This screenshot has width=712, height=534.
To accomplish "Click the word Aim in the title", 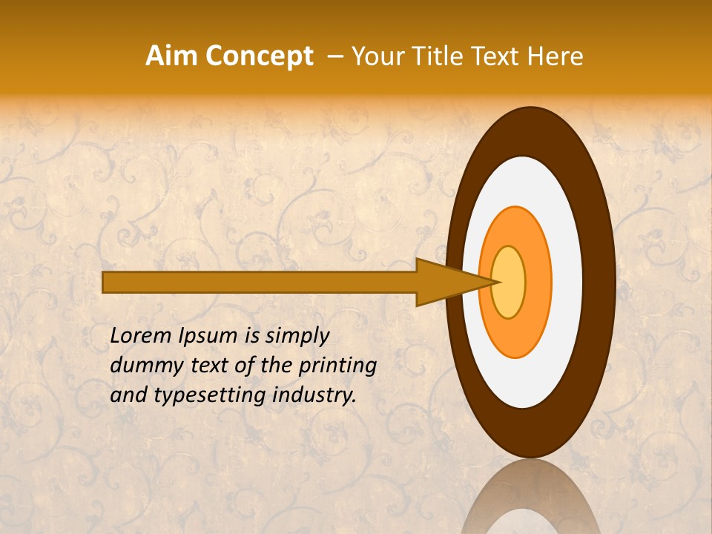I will click(x=171, y=56).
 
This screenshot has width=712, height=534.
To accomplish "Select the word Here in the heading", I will click(x=555, y=56).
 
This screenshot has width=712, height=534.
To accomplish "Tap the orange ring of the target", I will click(x=537, y=282).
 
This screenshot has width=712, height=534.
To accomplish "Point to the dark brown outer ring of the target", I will click(x=598, y=282).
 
